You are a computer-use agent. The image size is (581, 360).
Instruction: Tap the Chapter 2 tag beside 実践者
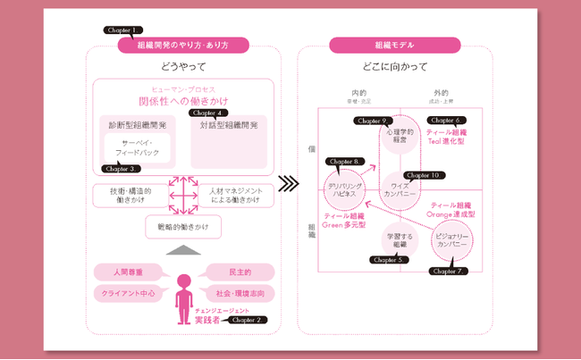[x=245, y=319]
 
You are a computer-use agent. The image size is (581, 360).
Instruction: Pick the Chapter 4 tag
[x=206, y=113]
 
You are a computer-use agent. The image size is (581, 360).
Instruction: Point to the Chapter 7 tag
[x=448, y=270]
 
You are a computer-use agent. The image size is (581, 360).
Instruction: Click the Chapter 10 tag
[x=422, y=175]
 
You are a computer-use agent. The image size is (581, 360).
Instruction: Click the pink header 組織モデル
[x=395, y=45]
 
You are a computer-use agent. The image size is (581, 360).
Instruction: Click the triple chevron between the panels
[x=289, y=185]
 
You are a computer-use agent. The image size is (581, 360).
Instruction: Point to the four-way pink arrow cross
[x=183, y=195]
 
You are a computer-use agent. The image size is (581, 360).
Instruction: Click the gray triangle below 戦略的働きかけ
[x=184, y=249]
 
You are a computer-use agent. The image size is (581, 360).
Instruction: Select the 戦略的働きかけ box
[x=183, y=227]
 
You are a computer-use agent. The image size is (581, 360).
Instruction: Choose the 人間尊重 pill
[x=128, y=271]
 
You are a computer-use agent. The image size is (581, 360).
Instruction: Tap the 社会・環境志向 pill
[x=240, y=293]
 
